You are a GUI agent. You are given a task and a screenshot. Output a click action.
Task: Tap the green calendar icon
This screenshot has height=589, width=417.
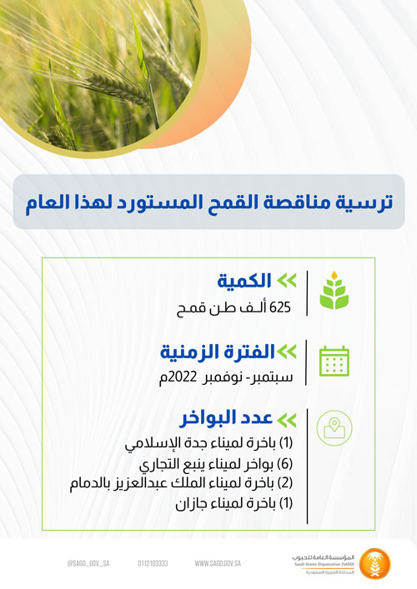(x=334, y=360)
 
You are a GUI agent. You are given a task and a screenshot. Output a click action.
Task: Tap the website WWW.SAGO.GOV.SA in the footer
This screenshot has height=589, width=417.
(x=218, y=563)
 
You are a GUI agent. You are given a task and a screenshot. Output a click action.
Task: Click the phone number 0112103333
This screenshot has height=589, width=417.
(x=153, y=563)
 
